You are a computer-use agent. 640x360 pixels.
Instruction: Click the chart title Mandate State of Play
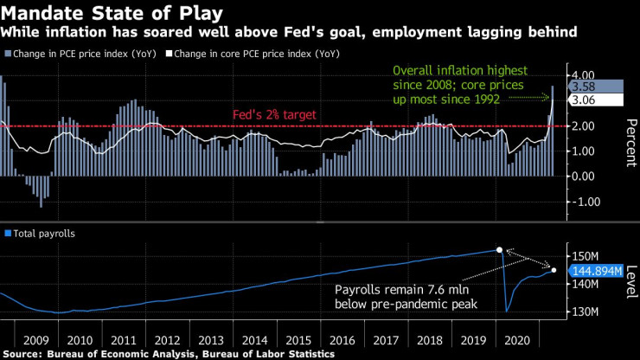point(112,13)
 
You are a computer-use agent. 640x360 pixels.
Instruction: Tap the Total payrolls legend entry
point(42,234)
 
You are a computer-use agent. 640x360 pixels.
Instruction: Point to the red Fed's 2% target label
point(275,115)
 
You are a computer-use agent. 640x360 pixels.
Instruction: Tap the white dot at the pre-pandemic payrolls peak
point(500,250)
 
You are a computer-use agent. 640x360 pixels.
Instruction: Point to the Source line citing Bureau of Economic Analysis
point(168,354)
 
